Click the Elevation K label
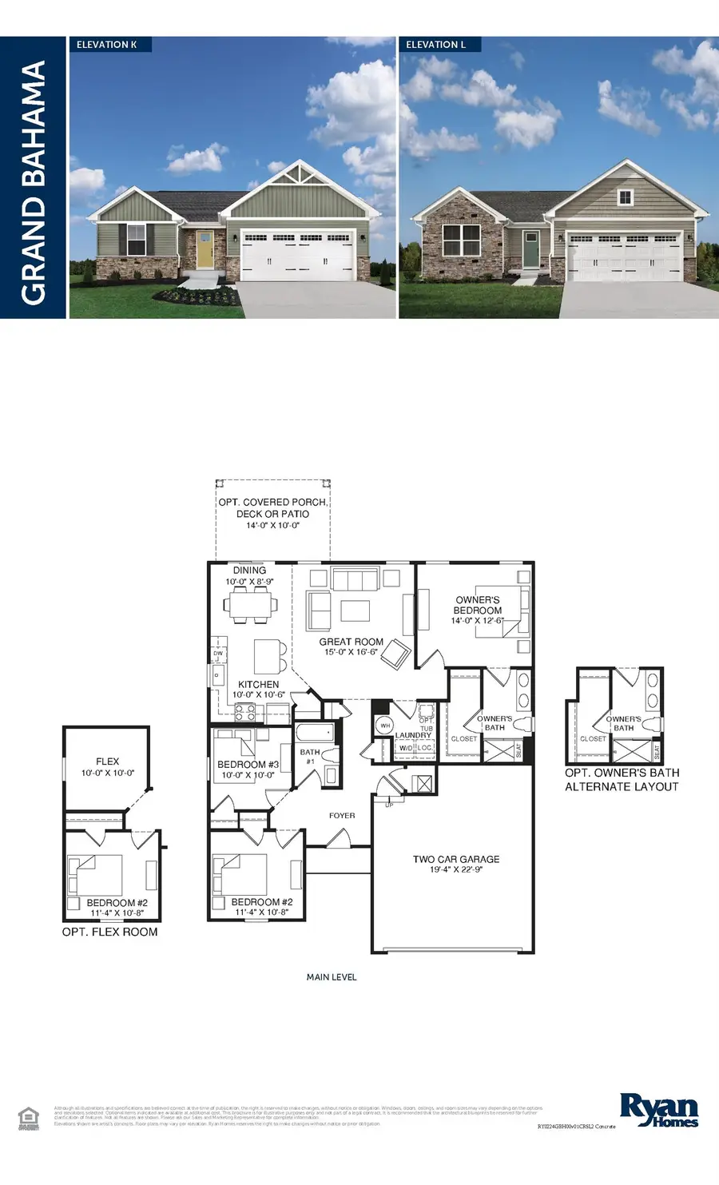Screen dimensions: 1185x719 tap(107, 45)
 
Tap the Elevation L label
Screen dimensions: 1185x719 tap(435, 45)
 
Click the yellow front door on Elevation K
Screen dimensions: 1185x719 tap(205, 249)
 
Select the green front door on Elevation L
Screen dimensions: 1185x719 tap(531, 249)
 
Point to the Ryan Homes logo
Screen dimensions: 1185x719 tap(659, 1110)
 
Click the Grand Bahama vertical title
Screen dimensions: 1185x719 tap(34, 183)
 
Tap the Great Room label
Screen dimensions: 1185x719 tap(351, 642)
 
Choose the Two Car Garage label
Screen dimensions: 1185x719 tap(456, 859)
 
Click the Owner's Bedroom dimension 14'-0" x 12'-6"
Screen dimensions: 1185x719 tap(478, 621)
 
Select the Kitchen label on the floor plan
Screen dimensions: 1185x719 tap(258, 685)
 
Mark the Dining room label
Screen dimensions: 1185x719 tap(249, 571)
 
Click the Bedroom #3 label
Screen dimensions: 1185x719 tap(248, 765)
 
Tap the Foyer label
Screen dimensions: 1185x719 tap(342, 816)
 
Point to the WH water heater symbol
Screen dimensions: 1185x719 tap(385, 726)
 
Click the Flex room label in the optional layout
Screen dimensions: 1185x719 tap(107, 762)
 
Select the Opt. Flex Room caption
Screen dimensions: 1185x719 tap(110, 932)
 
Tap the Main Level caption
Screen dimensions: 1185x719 tap(332, 977)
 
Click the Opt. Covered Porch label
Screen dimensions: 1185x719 tap(272, 503)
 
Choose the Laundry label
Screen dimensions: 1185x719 tap(413, 736)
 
